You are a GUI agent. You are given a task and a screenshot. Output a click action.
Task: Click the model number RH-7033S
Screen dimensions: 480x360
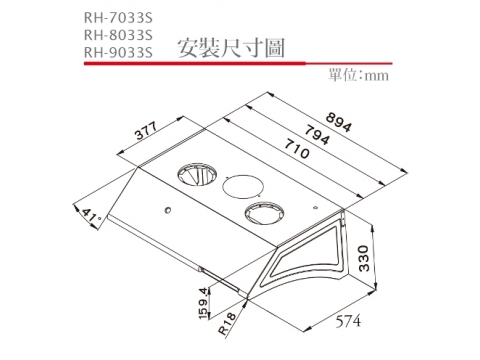118,18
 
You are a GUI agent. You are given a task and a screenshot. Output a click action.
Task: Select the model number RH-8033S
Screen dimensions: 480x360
118,35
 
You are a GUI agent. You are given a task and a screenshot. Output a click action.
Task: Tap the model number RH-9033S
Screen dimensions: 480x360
118,52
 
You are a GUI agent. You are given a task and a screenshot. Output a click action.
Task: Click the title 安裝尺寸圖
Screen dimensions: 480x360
231,49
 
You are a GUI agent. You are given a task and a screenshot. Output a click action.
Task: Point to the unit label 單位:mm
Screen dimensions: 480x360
358,75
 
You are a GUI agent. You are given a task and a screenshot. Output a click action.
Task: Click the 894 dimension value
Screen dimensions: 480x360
338,122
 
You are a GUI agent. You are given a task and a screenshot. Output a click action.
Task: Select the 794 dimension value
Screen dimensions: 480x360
317,135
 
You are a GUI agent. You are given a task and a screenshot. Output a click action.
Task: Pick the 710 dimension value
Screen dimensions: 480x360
297,149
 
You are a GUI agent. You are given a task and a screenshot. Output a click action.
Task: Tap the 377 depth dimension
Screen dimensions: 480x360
146,130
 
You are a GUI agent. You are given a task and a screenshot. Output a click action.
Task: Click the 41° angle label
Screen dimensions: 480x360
91,216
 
